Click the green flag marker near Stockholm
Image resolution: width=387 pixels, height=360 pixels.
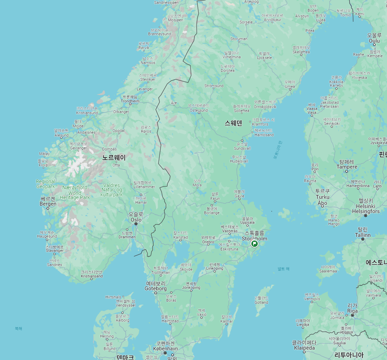pyautogui.click(x=255, y=244)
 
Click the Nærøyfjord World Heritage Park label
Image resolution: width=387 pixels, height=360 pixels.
pyautogui.click(x=75, y=192)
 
